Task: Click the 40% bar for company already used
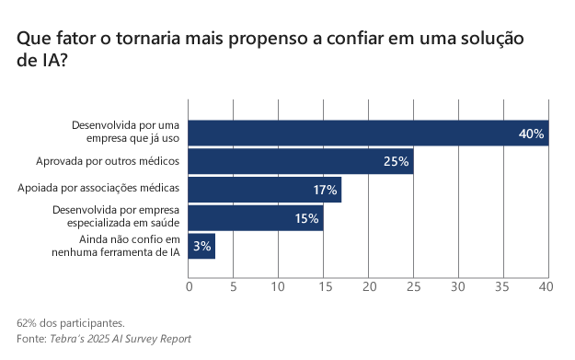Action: [x=368, y=134]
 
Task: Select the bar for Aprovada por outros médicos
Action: [x=301, y=162]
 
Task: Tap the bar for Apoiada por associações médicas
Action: [x=265, y=190]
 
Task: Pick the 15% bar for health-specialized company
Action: [x=256, y=218]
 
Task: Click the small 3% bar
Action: [x=201, y=246]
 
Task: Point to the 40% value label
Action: [x=532, y=134]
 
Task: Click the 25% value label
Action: [x=397, y=162]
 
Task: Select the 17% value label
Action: [x=325, y=191]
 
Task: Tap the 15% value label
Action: [x=306, y=218]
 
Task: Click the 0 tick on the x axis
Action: [x=190, y=287]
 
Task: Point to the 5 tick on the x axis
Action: [x=234, y=287]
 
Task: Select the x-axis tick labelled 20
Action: [x=369, y=287]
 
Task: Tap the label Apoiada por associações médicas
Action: [x=98, y=189]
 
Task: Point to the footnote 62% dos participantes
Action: [x=70, y=323]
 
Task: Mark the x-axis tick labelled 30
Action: [x=459, y=287]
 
